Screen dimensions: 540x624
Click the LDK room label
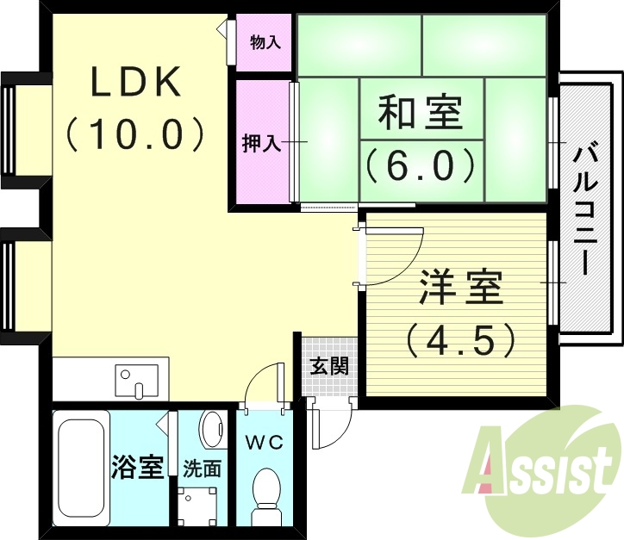click(x=135, y=83)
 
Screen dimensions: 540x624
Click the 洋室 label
click(x=461, y=289)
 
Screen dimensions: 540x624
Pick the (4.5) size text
click(x=461, y=339)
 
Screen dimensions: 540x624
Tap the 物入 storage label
click(x=265, y=41)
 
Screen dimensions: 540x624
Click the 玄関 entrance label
click(x=329, y=366)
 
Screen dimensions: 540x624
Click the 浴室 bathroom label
click(x=137, y=469)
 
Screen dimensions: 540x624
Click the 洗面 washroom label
click(x=202, y=469)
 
